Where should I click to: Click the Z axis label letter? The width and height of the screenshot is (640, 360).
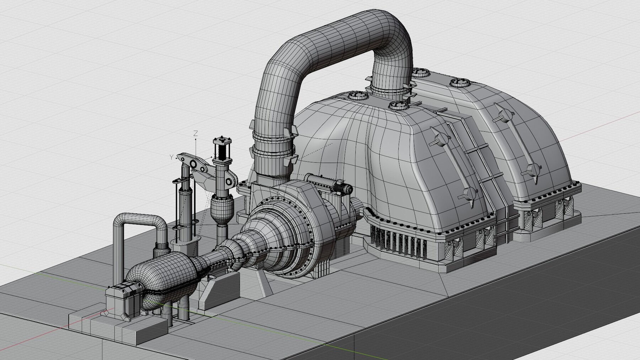click(x=195, y=134)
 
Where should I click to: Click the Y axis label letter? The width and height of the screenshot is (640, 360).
click(x=171, y=157)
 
